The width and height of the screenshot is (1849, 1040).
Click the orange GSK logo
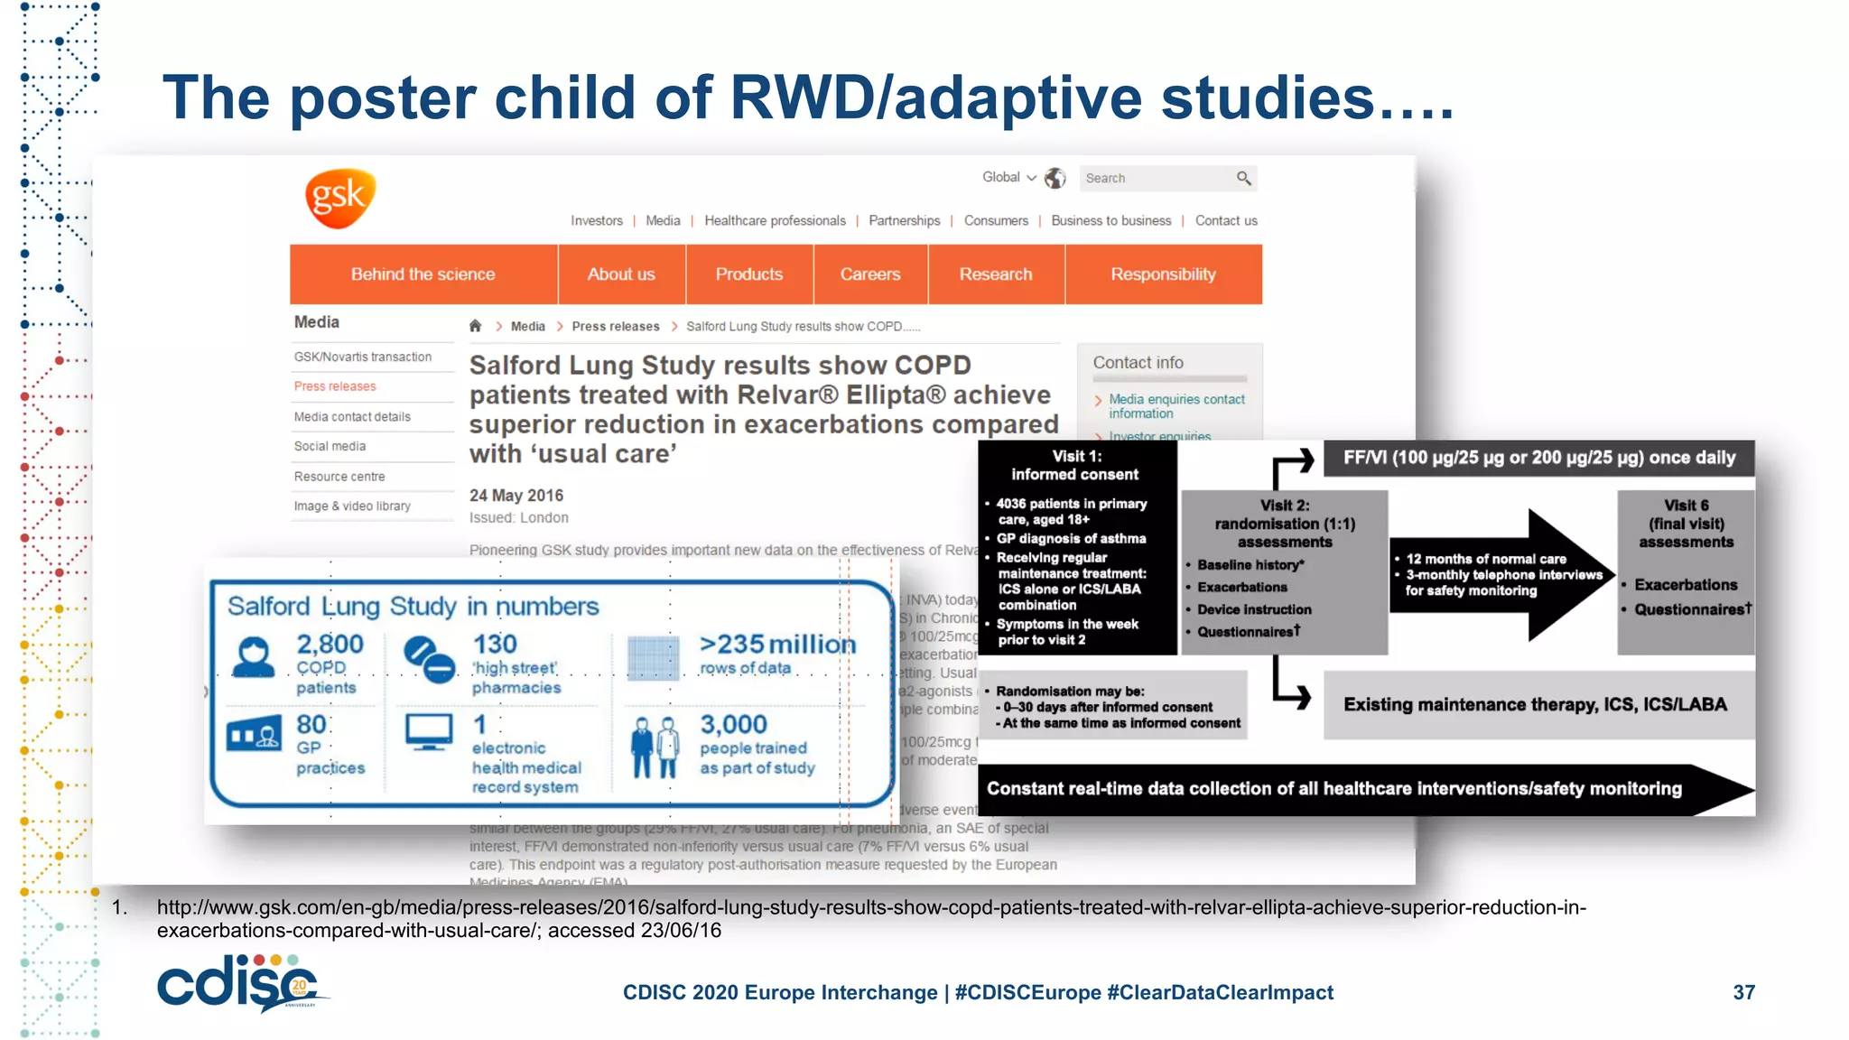[339, 197]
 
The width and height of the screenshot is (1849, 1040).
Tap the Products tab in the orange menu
[748, 274]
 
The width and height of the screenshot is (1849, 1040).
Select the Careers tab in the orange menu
[869, 274]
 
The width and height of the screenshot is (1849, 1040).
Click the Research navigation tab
[995, 274]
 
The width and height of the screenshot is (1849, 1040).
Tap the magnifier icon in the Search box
[1243, 179]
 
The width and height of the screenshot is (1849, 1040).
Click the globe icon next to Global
[1055, 179]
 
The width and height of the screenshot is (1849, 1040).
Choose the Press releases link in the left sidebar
[335, 386]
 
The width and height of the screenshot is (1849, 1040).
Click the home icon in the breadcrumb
[476, 327]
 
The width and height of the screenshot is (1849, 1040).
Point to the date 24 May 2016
[516, 496]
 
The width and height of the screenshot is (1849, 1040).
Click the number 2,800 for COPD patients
[330, 645]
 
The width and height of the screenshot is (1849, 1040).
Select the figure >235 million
[777, 645]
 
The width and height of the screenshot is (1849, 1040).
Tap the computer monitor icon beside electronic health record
[429, 732]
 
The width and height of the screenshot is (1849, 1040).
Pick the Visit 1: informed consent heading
[1075, 466]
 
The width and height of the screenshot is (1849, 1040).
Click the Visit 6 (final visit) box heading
[1686, 524]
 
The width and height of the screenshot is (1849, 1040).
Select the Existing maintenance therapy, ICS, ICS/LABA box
[1535, 705]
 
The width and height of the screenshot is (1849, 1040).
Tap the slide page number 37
[1743, 993]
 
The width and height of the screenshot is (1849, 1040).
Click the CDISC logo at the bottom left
[239, 984]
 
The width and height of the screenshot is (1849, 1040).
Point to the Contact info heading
[1138, 363]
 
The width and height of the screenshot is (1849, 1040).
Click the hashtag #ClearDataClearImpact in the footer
[1220, 993]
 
